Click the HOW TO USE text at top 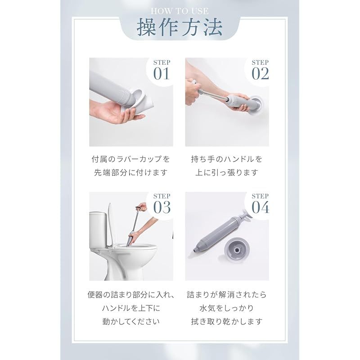tap(180, 11)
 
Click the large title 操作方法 tap(180, 27)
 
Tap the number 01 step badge tap(162, 71)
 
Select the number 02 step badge tap(260, 71)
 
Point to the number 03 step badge tap(162, 204)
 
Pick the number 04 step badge tap(260, 204)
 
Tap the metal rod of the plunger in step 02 tap(213, 96)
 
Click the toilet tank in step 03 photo tap(98, 230)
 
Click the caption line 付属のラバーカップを tap(130, 159)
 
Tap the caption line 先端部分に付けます tap(130, 172)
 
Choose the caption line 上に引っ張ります tap(227, 172)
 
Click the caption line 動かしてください tap(131, 321)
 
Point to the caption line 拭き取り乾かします tap(227, 321)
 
